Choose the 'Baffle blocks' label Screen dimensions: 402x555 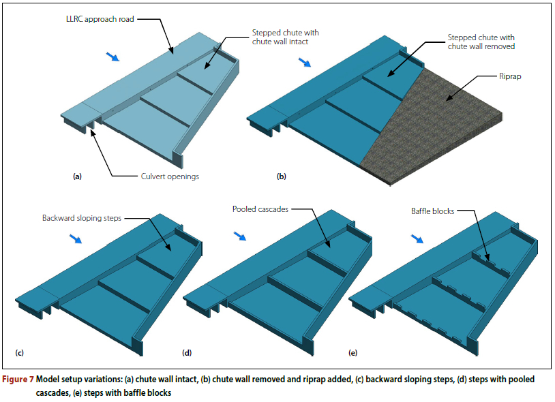(432, 211)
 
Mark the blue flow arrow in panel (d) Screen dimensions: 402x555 (239, 236)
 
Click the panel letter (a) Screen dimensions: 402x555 (77, 176)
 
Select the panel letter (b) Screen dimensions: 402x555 (281, 176)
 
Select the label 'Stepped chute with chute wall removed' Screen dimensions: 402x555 (481, 42)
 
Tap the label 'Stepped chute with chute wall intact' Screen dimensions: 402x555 (285, 37)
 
